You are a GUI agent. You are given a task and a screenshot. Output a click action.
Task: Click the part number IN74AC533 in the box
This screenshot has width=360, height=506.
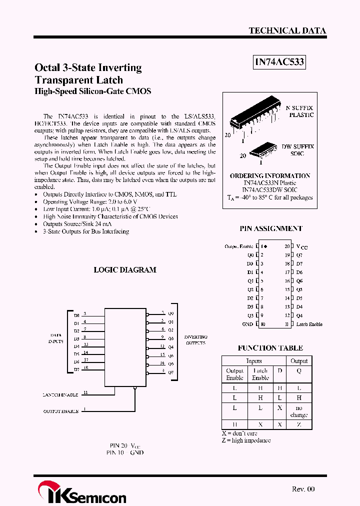click(279, 62)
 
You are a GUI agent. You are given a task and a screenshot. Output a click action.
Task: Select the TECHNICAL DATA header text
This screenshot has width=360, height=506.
click(287, 30)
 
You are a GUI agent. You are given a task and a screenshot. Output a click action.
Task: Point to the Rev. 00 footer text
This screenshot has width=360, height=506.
click(303, 489)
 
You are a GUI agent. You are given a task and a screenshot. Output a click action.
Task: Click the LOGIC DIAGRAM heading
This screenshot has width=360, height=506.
click(125, 270)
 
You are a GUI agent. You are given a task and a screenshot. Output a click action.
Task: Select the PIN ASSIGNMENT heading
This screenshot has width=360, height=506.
click(270, 228)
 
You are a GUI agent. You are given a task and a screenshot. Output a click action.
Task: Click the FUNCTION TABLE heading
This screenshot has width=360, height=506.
click(270, 348)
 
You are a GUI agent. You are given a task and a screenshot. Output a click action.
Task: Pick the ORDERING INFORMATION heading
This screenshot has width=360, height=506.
click(270, 176)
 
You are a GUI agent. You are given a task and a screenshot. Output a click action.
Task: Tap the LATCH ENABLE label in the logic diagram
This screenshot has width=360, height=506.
click(60, 395)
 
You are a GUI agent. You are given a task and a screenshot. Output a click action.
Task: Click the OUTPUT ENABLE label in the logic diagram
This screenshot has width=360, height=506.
click(60, 411)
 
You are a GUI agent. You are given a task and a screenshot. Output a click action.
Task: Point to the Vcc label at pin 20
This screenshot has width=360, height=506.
click(302, 246)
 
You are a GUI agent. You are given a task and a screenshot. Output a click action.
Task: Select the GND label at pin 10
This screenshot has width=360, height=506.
click(247, 324)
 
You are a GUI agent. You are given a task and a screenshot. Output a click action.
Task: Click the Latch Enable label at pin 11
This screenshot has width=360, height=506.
click(309, 324)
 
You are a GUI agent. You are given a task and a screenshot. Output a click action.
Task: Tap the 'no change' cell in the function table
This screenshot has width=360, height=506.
click(299, 411)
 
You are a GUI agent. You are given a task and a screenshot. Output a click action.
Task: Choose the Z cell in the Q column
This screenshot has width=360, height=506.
click(299, 424)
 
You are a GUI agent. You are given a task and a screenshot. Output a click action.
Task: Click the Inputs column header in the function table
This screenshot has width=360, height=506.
click(253, 361)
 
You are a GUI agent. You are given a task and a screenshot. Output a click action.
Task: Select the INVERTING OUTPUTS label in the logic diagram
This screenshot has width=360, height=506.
click(195, 340)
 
